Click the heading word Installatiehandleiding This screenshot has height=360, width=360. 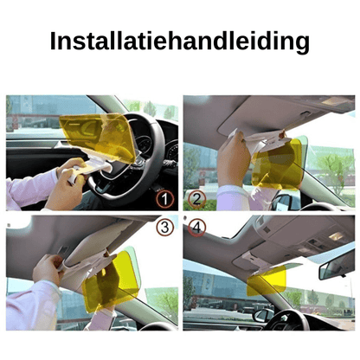(179, 41)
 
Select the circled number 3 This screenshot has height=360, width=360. (164, 228)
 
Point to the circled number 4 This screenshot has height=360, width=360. (196, 228)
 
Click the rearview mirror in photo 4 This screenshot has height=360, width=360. (336, 264)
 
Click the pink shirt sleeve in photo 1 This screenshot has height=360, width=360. (26, 190)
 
